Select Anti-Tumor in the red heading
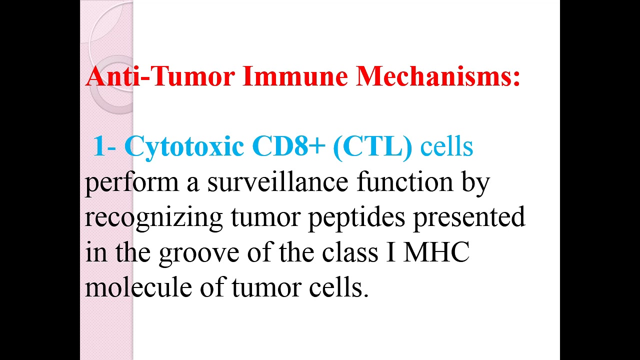click(159, 76)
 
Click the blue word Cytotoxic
click(184, 146)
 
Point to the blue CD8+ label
click(288, 146)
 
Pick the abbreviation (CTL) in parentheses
click(371, 146)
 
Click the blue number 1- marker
click(104, 146)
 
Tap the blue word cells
click(446, 146)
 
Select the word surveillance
click(277, 182)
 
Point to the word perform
click(131, 183)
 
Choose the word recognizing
click(153, 218)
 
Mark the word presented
click(468, 218)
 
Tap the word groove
click(199, 253)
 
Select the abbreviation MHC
click(436, 252)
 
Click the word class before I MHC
click(349, 252)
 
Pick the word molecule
click(138, 287)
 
